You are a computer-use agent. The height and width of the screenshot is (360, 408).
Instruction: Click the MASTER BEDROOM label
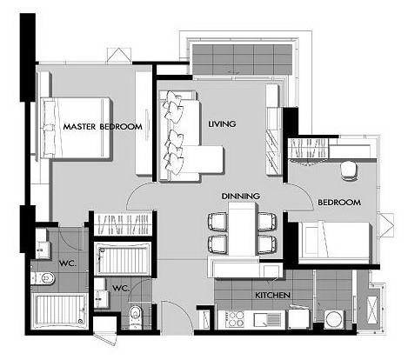pyautogui.click(x=103, y=127)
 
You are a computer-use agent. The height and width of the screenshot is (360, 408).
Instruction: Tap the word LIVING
pyautogui.click(x=222, y=124)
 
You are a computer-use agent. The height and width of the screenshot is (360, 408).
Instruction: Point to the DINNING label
pyautogui.click(x=241, y=197)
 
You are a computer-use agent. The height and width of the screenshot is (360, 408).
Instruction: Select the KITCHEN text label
pyautogui.click(x=272, y=296)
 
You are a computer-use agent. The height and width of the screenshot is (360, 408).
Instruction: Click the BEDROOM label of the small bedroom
pyautogui.click(x=339, y=203)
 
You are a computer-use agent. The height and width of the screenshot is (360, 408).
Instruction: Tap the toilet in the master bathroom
pyautogui.click(x=43, y=278)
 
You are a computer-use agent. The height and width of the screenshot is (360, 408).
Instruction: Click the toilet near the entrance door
pyautogui.click(x=135, y=317)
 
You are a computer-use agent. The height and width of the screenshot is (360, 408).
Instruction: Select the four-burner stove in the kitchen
pyautogui.click(x=235, y=319)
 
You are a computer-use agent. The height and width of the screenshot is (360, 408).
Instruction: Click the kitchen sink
pyautogui.click(x=266, y=320)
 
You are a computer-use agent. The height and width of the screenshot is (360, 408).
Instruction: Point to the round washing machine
pyautogui.click(x=335, y=320)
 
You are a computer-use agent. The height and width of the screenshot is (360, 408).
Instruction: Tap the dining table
pyautogui.click(x=243, y=229)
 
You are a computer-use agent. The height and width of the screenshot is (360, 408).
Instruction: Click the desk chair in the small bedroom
pyautogui.click(x=349, y=171)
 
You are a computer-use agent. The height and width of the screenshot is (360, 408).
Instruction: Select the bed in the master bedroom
pyautogui.click(x=75, y=128)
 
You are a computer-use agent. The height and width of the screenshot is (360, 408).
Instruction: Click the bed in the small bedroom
pyautogui.click(x=336, y=239)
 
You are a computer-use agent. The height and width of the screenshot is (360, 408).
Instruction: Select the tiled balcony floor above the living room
pyautogui.click(x=243, y=59)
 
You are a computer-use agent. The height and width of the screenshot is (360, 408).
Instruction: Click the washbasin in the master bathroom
pyautogui.click(x=43, y=250)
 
